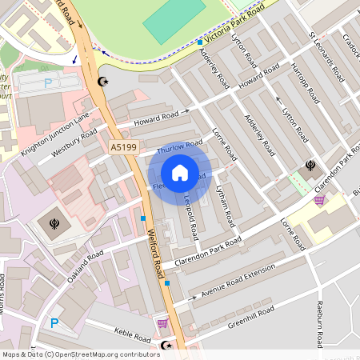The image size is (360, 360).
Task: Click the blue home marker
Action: [x=180, y=173]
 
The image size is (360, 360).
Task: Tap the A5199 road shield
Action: [x=124, y=147]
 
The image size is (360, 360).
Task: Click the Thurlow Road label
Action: [x=180, y=147]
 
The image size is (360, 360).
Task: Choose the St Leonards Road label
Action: [x=326, y=56]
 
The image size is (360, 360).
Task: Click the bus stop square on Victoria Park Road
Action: [x=199, y=42]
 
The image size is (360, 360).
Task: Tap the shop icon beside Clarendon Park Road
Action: [x=320, y=200]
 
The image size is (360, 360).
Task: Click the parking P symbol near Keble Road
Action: [x=54, y=323]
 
